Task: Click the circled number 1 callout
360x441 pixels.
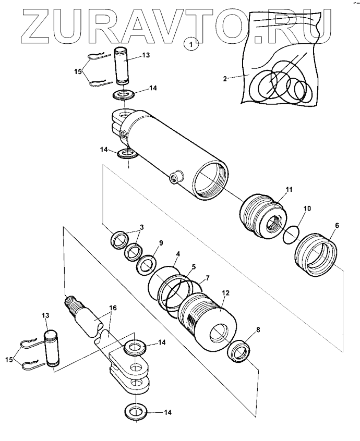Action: point(191,44)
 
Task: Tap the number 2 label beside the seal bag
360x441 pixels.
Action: point(225,79)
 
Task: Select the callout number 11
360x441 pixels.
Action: point(290,189)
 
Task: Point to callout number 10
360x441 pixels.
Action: point(307,209)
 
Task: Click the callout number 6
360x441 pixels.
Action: point(337,225)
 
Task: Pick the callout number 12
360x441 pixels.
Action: point(226,293)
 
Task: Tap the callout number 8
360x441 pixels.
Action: point(258,329)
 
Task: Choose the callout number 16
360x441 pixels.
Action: point(113,308)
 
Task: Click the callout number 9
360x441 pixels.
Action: point(161,243)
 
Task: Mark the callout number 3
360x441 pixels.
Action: point(142,227)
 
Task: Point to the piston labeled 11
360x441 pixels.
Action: point(263,215)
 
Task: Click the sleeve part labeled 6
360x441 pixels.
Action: point(316,254)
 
